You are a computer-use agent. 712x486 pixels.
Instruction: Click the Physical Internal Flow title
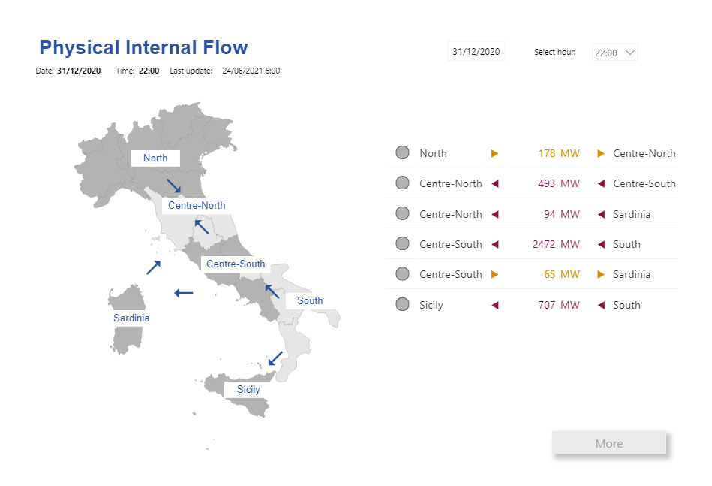(x=143, y=48)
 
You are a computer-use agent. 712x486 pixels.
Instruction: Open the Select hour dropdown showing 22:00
(x=614, y=53)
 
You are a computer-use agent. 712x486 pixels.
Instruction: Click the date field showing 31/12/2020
(x=476, y=51)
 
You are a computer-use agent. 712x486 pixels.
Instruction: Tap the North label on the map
(x=155, y=158)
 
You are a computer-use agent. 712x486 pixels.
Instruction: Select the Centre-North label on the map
(x=197, y=205)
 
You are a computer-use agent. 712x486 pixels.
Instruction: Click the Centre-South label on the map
(x=236, y=264)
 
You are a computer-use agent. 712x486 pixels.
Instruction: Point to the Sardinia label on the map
(x=131, y=318)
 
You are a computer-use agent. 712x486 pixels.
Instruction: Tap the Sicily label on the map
(x=248, y=389)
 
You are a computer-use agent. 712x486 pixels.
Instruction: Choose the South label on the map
(x=310, y=300)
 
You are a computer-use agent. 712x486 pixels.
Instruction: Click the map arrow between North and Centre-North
(x=173, y=186)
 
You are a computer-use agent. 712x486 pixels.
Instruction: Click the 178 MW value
(x=559, y=153)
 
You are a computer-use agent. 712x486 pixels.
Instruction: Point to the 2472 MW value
(x=556, y=244)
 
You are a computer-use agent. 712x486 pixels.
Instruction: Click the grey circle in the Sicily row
(x=402, y=304)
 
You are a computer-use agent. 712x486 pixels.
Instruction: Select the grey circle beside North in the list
(x=402, y=153)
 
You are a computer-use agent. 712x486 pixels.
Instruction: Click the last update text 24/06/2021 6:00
(x=251, y=71)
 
